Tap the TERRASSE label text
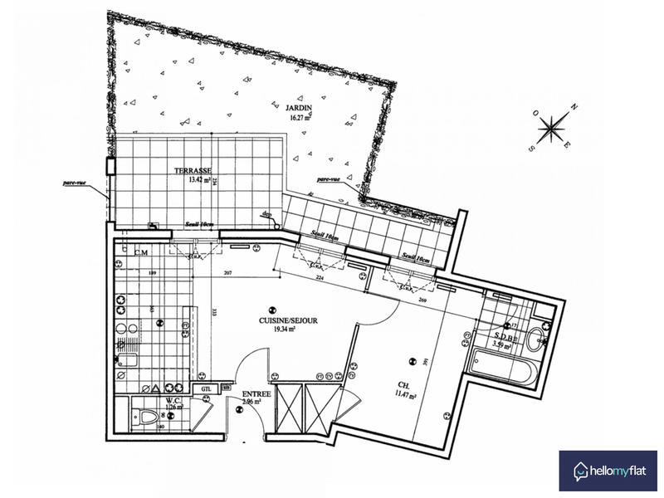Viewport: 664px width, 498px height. [191, 171]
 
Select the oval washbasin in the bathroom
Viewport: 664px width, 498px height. [536, 338]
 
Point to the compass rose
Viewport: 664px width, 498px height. [551, 129]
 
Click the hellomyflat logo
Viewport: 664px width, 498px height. [607, 470]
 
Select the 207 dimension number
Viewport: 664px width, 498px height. [227, 273]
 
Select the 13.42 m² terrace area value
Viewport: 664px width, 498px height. [188, 180]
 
